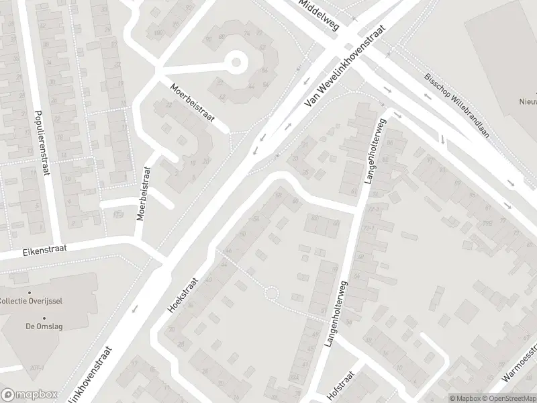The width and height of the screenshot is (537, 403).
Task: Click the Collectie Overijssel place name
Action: point(31,300)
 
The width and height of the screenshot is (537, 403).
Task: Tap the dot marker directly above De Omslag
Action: point(45,318)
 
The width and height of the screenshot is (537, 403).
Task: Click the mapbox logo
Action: point(29,394)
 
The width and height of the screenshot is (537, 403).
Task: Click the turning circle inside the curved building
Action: point(236,64)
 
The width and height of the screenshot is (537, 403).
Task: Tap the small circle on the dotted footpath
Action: point(271,294)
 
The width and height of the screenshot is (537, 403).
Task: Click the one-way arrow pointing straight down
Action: point(443,139)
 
